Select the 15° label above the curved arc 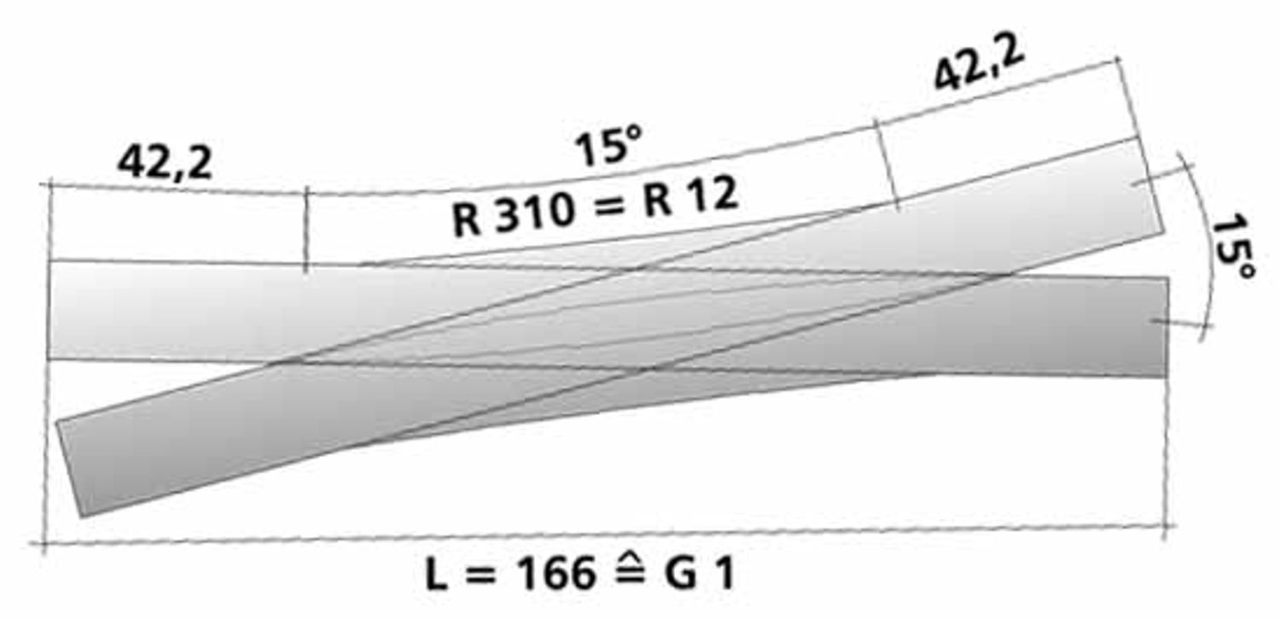click(608, 146)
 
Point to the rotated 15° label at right click(1233, 247)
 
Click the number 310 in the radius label click(534, 213)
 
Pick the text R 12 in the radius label click(690, 196)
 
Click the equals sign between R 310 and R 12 click(608, 205)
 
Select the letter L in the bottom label click(436, 574)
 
